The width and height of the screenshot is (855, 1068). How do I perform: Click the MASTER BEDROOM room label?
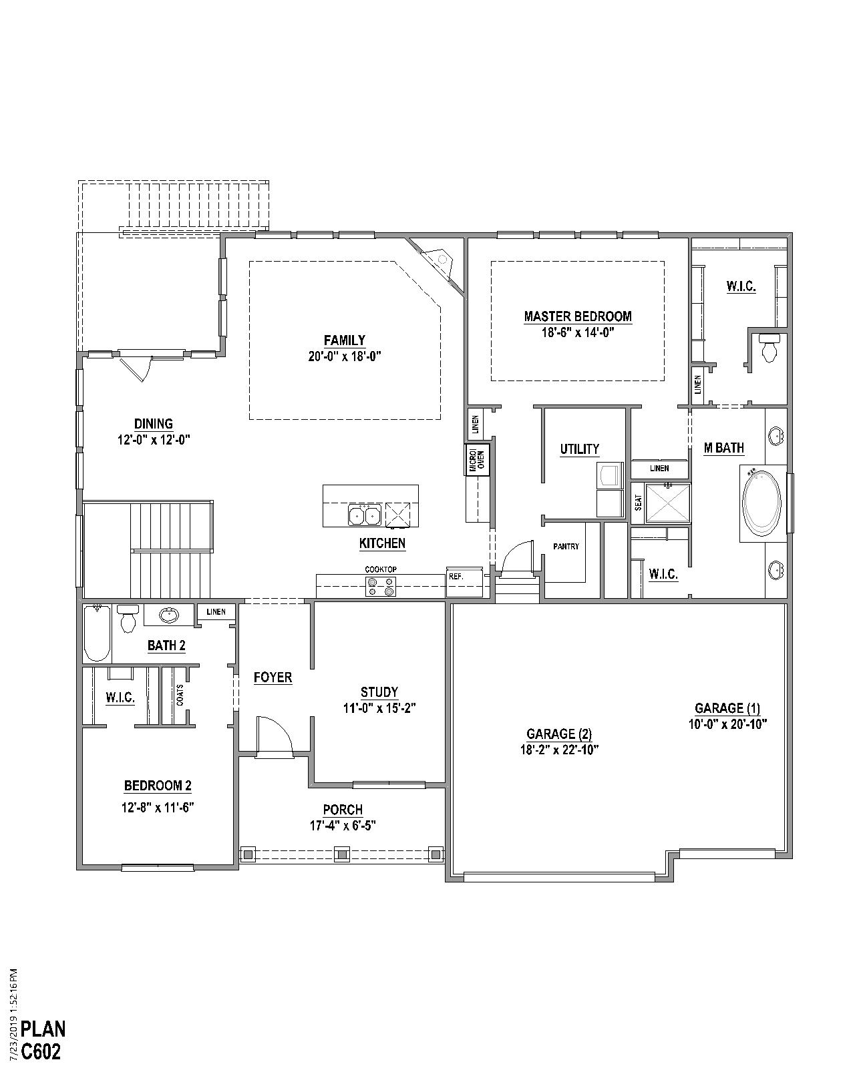click(577, 316)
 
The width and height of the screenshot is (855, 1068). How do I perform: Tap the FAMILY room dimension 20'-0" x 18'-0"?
click(344, 356)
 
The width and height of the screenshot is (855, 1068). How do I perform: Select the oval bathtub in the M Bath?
click(761, 503)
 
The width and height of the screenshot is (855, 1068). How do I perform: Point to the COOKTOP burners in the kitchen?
click(381, 586)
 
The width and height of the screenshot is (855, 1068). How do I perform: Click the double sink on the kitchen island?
click(364, 515)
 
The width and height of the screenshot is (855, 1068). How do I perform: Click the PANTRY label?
click(566, 547)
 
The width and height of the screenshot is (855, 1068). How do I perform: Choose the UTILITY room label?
click(579, 449)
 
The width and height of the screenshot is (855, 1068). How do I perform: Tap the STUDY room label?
click(379, 692)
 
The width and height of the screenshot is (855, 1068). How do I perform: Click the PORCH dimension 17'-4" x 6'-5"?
click(343, 826)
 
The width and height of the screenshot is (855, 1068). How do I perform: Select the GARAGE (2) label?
click(558, 734)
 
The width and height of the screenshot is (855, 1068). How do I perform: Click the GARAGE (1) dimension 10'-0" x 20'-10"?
click(727, 724)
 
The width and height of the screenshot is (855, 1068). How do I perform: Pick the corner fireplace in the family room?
click(438, 262)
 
